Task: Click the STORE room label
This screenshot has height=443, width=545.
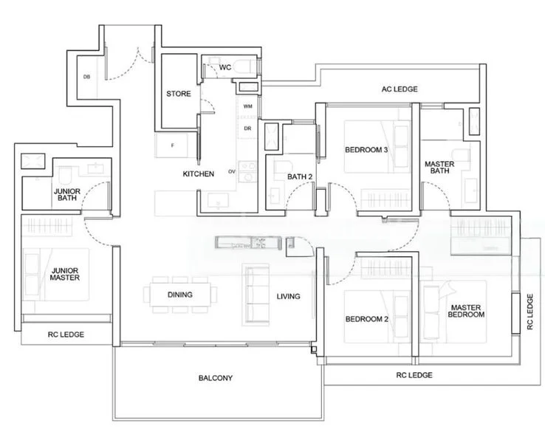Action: [x=178, y=94]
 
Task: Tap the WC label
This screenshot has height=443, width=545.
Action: [x=225, y=67]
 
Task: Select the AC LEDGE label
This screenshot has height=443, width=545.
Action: [x=399, y=89]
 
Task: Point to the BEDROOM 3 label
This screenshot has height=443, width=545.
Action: [x=366, y=150]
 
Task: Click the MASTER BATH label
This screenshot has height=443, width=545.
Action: [x=439, y=168]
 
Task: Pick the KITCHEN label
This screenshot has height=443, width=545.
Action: [x=199, y=174]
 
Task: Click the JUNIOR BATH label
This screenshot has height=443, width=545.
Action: [x=67, y=194]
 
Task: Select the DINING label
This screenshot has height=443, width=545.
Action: [x=179, y=295]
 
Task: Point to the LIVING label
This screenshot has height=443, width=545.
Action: [x=288, y=296]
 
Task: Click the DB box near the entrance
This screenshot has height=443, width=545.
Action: [x=86, y=77]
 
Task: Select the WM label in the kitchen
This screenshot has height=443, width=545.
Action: [x=247, y=107]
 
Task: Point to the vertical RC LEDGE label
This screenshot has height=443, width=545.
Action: [x=530, y=311]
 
